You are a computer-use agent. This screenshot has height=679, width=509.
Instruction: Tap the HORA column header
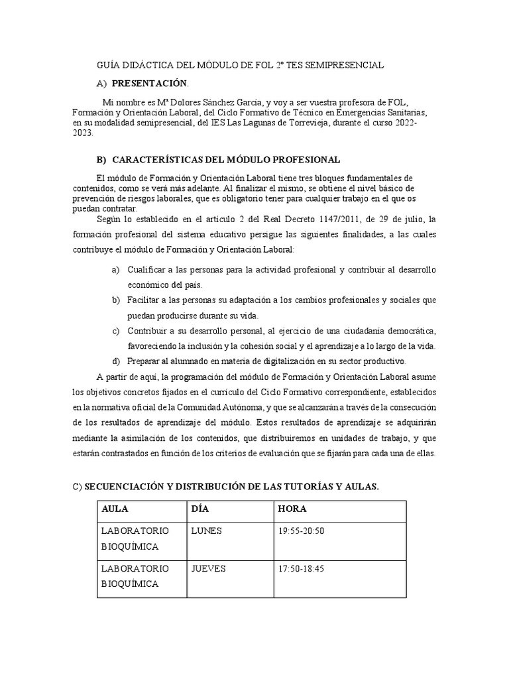pos(292,509)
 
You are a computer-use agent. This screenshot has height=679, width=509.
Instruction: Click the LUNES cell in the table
pos(206,530)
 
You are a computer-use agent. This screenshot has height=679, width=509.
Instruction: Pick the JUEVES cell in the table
pos(209,569)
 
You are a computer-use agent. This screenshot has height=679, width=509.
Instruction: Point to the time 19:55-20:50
pos(302,530)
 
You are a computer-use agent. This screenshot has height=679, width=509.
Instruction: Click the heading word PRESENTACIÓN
pos(150,84)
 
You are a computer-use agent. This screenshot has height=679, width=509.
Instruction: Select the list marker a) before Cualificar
pos(115,270)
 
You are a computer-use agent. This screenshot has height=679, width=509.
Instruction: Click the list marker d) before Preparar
pos(116,361)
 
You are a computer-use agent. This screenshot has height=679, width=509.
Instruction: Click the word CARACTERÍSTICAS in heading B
pos(159,160)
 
